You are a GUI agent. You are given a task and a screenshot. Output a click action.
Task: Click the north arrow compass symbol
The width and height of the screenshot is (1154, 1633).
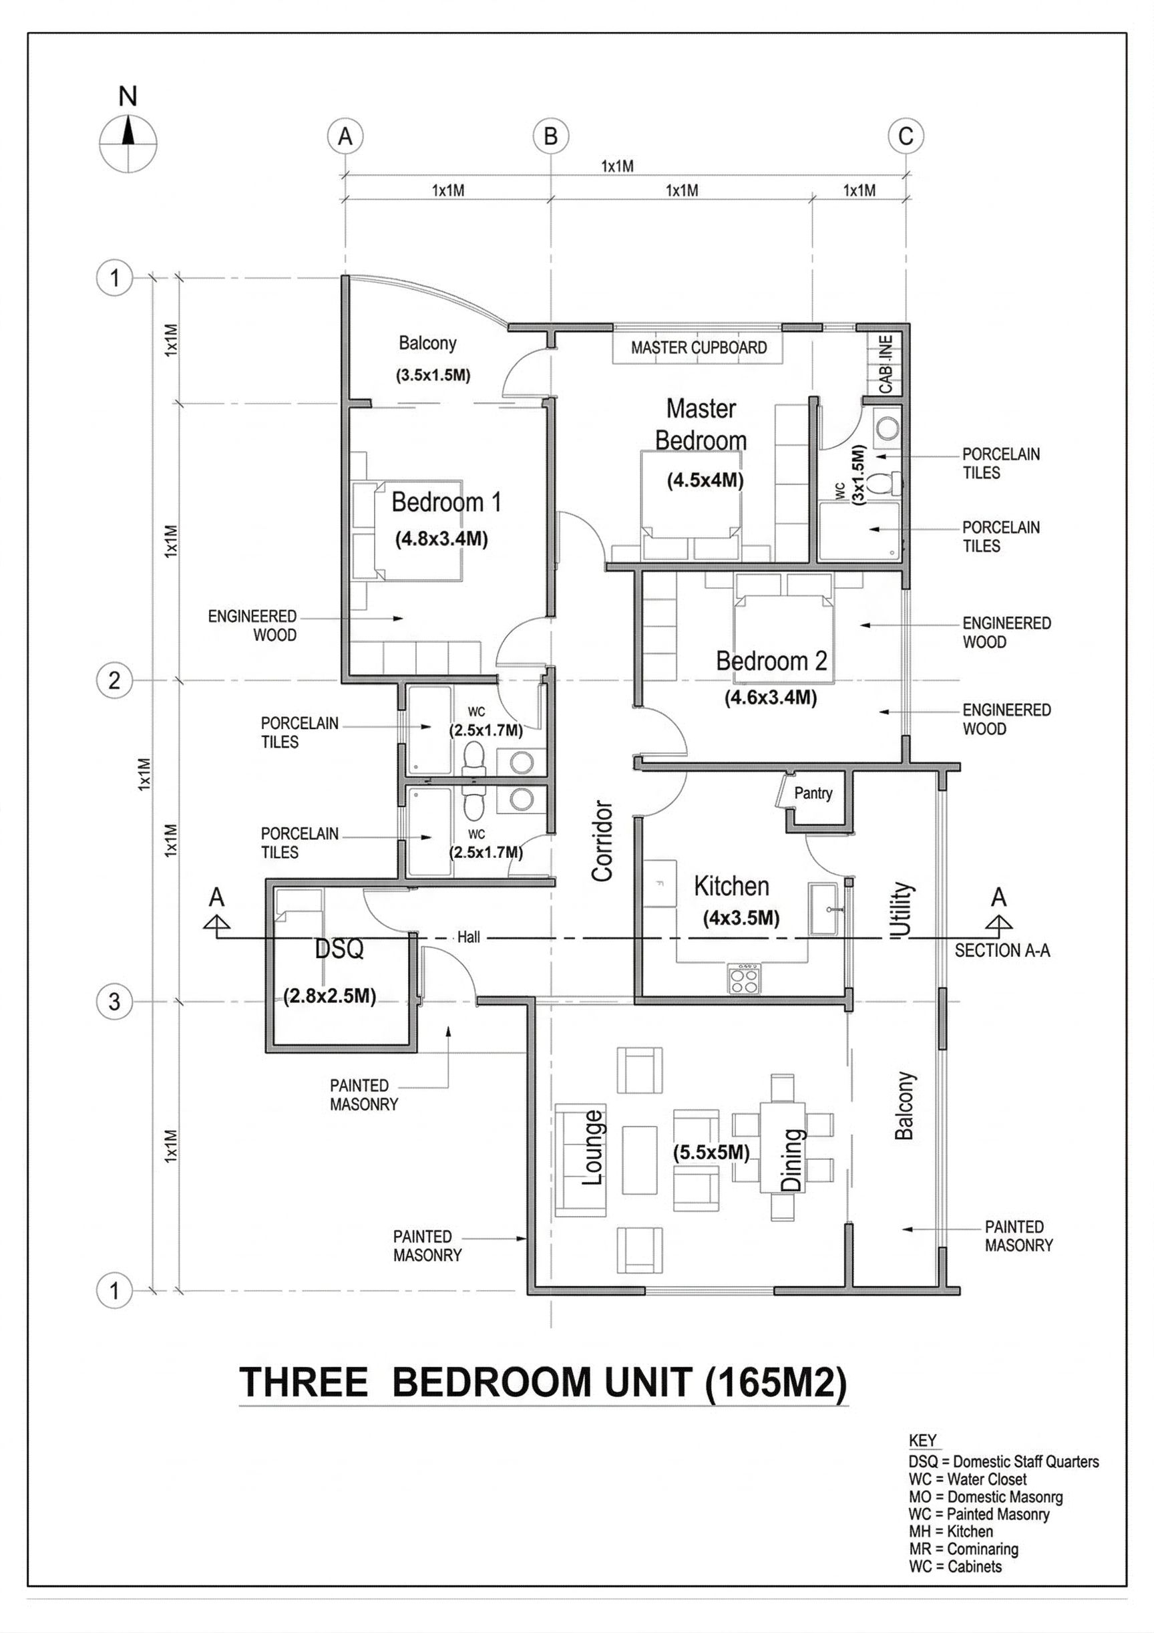(128, 143)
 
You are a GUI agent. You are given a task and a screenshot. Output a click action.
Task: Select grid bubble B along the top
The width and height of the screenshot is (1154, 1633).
(551, 136)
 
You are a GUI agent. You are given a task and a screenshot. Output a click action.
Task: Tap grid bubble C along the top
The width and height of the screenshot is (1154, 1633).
(906, 136)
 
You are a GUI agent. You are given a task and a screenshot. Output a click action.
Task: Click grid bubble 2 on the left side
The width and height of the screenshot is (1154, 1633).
(114, 681)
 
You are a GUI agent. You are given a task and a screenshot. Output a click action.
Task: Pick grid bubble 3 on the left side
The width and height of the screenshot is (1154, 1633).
(114, 1002)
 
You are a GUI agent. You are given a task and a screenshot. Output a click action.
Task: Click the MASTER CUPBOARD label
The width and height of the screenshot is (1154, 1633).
(699, 348)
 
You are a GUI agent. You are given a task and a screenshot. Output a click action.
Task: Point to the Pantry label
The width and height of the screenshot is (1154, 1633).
(813, 793)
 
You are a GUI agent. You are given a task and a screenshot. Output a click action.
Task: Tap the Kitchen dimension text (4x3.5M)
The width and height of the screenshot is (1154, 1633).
(741, 918)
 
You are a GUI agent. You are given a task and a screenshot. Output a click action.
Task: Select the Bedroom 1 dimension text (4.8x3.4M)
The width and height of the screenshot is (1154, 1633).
(441, 539)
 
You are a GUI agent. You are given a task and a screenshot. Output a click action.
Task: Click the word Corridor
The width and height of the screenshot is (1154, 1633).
(602, 841)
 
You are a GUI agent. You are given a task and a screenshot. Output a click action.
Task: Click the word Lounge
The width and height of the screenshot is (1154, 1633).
(594, 1147)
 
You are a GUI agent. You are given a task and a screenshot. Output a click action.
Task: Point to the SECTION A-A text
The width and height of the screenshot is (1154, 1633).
(1002, 950)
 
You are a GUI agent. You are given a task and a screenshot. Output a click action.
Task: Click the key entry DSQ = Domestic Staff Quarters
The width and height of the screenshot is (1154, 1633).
(1003, 1461)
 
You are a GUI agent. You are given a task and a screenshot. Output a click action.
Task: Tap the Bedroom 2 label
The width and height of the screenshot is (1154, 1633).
(771, 661)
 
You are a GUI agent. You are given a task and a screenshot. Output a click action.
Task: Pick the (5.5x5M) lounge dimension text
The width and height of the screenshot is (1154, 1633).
(711, 1152)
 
